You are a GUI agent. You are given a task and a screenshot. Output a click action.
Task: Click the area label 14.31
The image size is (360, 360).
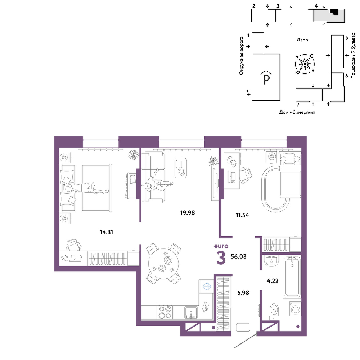point(107,232)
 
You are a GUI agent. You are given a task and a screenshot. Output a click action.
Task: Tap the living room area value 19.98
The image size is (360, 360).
point(188,213)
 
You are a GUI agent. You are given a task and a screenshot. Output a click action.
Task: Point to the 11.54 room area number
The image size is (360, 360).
point(242,215)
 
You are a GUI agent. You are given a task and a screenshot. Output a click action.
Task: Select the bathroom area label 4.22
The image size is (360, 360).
point(273,281)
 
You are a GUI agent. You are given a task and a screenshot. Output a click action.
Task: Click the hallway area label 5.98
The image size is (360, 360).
point(243,293)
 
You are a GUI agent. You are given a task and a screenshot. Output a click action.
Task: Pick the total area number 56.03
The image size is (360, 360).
point(239,256)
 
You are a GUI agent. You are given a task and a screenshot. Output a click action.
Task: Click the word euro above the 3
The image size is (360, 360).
point(221,246)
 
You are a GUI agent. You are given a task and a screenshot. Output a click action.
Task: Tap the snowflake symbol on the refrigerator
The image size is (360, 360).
point(207,287)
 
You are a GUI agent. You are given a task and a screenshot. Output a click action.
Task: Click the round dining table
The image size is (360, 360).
point(163,264)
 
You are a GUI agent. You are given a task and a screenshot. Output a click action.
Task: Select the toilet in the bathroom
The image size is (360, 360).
point(274,311)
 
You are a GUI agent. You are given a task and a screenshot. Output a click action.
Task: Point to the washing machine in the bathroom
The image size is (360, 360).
point(295,309)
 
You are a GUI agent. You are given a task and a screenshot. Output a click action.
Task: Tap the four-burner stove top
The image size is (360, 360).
point(165,312)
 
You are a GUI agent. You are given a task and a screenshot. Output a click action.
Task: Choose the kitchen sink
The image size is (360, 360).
point(191,312)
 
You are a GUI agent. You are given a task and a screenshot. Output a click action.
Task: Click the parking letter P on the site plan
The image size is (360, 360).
point(266,80)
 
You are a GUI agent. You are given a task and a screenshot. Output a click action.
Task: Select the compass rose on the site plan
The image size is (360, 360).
point(305,64)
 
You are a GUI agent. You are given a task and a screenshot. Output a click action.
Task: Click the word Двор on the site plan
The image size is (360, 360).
point(302,40)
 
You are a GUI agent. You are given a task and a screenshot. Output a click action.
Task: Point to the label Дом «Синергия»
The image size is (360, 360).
point(297,112)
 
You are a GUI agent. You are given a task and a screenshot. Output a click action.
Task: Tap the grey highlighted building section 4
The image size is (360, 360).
point(329,15)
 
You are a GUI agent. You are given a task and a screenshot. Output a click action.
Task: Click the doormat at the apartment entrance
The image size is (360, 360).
point(243,327)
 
